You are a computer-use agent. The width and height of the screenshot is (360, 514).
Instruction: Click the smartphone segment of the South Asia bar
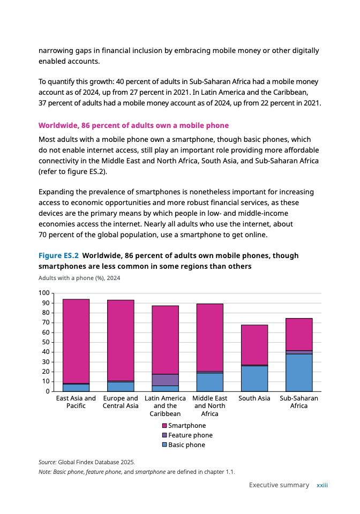254,345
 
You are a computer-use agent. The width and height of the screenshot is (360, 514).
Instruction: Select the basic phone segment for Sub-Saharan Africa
299,373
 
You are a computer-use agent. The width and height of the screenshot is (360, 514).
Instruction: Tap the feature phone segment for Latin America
166,380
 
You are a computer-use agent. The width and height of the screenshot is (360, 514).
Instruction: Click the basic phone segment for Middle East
210,382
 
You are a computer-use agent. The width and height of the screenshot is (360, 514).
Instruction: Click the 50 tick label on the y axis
45,342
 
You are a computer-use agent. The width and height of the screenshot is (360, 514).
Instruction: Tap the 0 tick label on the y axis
47,391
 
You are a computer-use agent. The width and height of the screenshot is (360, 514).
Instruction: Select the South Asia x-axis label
254,398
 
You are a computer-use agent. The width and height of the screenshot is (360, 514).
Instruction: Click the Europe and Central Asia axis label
121,402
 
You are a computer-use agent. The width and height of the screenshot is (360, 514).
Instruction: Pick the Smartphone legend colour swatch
165,426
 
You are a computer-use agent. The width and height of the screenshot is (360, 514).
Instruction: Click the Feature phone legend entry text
190,435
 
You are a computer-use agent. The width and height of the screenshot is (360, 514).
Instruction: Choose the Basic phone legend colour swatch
165,445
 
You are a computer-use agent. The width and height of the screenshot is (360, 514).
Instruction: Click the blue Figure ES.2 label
58,255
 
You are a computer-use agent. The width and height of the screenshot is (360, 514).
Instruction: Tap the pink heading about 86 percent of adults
133,125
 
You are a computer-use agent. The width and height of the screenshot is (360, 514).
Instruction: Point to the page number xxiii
322,485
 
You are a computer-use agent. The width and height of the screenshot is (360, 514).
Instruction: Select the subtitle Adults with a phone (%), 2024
79,278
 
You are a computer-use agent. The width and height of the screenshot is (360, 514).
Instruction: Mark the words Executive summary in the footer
279,485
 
